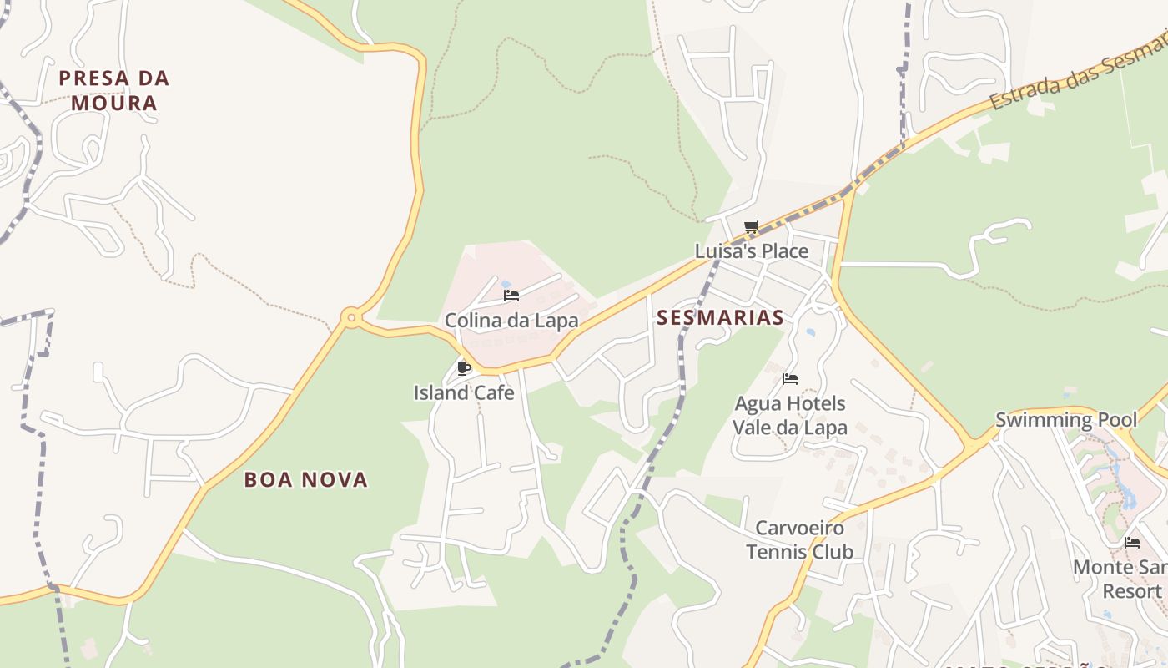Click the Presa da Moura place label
click(113, 90)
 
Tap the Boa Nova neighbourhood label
click(305, 479)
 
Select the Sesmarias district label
click(720, 317)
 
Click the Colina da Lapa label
click(511, 321)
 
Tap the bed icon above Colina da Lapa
click(511, 296)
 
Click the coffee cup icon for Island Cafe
click(465, 368)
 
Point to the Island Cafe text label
click(464, 392)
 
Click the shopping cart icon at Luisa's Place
click(751, 226)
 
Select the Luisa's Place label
click(751, 250)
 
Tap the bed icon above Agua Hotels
click(790, 379)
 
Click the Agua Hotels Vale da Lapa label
click(789, 416)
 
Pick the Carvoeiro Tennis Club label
click(799, 539)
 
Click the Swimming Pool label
click(1065, 419)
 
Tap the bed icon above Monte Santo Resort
click(1132, 543)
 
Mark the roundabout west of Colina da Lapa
click(350, 317)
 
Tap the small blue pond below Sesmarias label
click(810, 333)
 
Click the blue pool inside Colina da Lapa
click(506, 284)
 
